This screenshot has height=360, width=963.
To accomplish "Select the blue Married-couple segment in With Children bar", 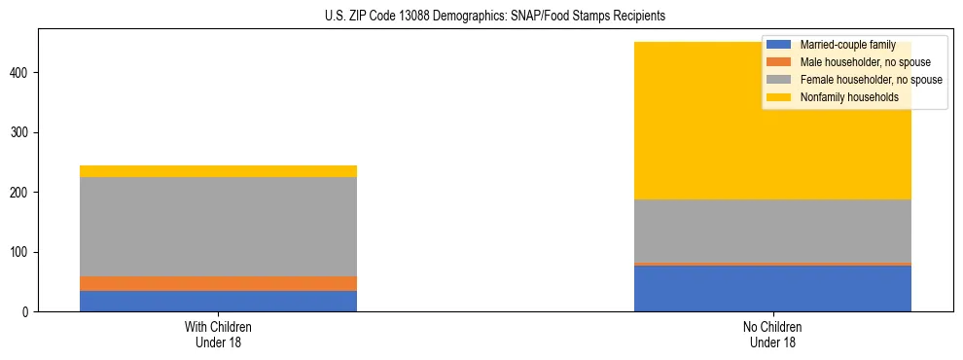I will (x=218, y=301).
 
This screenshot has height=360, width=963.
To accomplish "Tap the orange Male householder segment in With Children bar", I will (x=218, y=283).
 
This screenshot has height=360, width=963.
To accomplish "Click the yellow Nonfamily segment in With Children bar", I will (x=218, y=171).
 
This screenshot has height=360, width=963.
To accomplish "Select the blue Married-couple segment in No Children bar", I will (x=772, y=288).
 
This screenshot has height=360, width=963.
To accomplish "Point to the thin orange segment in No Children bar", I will (x=772, y=264).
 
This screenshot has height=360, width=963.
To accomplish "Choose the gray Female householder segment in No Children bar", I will (x=772, y=231).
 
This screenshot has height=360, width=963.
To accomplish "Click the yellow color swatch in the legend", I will (x=779, y=97).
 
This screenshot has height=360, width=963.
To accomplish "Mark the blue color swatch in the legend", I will (x=779, y=45).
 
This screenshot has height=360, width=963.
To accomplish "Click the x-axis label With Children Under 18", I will (x=218, y=334).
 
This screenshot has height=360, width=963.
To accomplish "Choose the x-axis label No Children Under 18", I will (x=772, y=334).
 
